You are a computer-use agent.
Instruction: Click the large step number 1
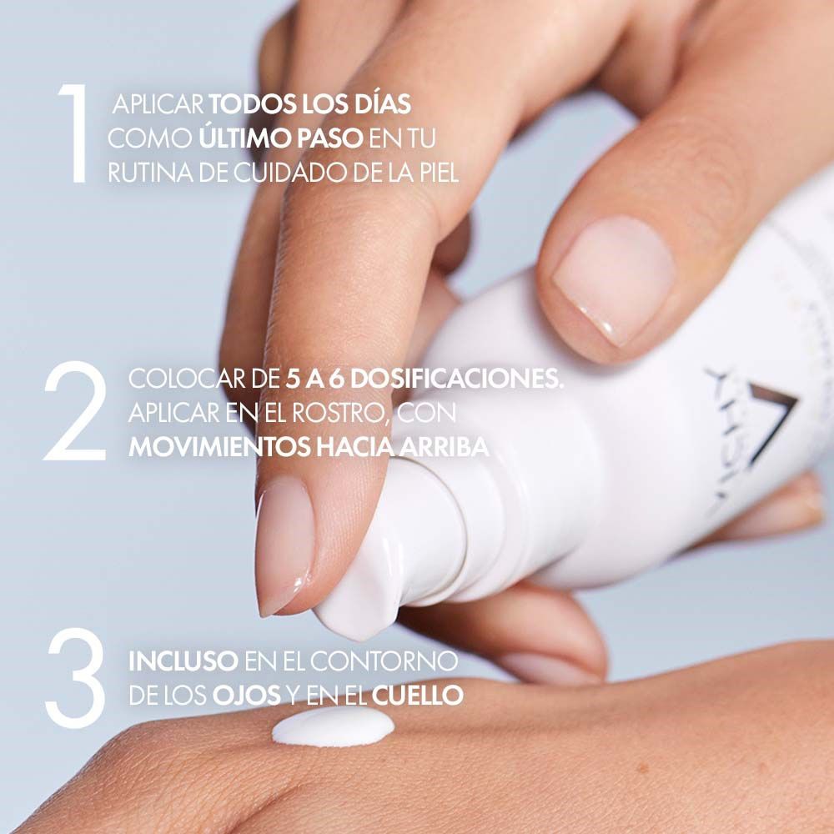74,133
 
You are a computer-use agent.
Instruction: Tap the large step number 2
75,410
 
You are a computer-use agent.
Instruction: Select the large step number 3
75,678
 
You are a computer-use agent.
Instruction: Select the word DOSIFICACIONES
456,379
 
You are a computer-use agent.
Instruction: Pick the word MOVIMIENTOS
219,447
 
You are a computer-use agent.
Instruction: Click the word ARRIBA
444,447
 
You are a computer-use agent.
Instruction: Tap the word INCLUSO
183,661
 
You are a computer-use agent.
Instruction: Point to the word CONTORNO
384,661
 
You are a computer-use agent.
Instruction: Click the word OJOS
247,696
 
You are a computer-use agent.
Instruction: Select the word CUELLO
418,696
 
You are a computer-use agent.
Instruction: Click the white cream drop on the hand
333,726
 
